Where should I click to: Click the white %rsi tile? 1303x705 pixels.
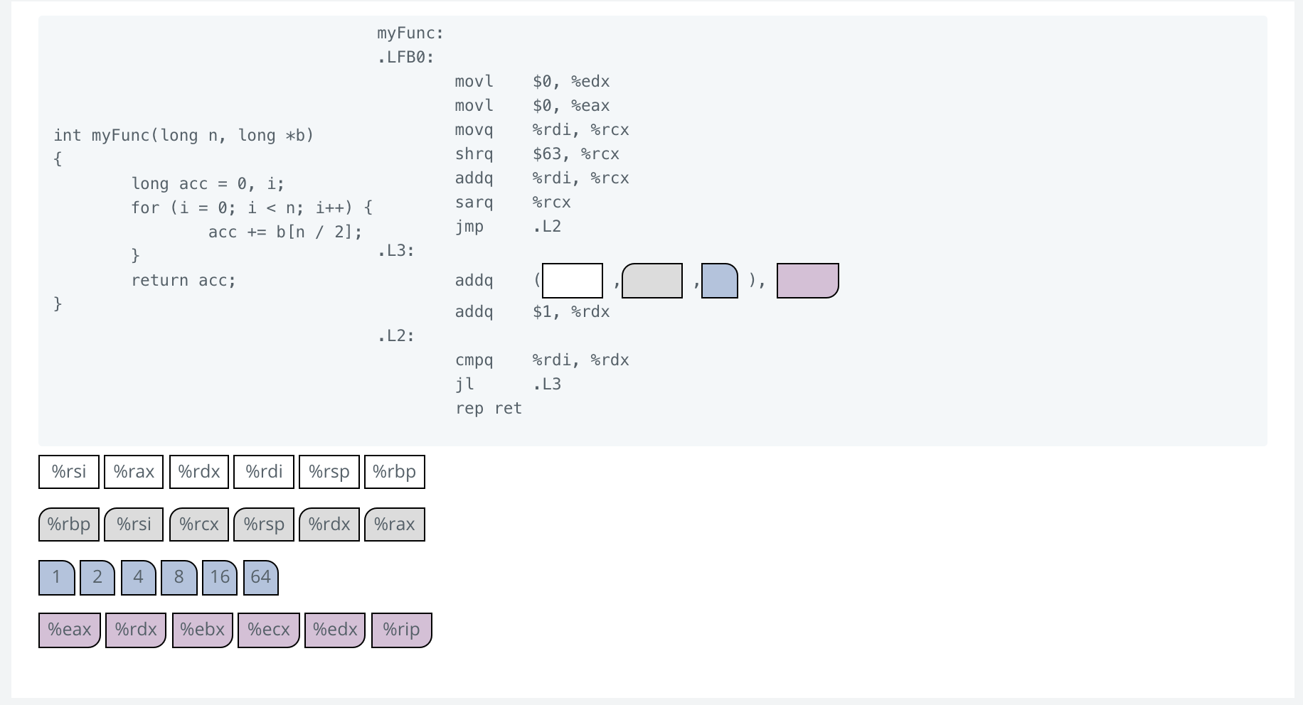(69, 472)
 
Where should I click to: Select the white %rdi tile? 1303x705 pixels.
(264, 472)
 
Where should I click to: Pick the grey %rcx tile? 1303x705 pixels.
(199, 524)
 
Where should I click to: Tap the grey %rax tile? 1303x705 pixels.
(395, 524)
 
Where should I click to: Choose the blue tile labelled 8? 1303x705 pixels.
(179, 577)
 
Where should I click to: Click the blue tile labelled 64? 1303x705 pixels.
(261, 577)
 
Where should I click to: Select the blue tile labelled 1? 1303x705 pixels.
(57, 577)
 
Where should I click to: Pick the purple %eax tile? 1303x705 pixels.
(70, 630)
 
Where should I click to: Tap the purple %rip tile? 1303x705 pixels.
(401, 630)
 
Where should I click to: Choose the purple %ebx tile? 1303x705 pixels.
(203, 630)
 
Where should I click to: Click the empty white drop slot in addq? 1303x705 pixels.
(573, 281)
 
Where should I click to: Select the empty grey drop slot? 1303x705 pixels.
(652, 281)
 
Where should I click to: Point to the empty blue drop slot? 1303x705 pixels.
(720, 281)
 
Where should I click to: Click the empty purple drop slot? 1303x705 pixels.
(808, 281)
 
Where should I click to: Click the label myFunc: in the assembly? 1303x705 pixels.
(410, 33)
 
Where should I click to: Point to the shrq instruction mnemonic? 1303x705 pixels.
(474, 154)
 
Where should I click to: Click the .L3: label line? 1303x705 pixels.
(396, 251)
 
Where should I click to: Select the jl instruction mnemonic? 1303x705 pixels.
(464, 384)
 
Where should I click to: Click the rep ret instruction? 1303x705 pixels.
(489, 409)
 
